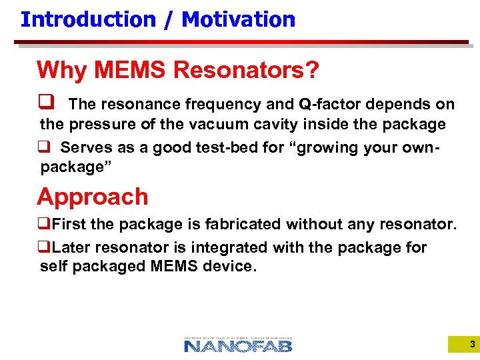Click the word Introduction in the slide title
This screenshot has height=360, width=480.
[87, 19]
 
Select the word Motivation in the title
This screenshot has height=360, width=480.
[238, 19]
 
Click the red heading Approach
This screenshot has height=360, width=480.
[93, 197]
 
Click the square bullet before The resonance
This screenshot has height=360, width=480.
[47, 104]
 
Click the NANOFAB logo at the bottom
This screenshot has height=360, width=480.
[238, 344]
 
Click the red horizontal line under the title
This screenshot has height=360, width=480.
[240, 42]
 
